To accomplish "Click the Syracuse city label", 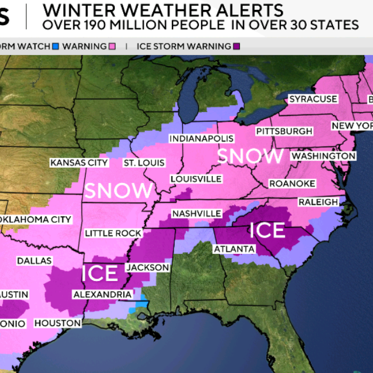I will [313, 99].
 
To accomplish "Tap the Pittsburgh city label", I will [284, 131].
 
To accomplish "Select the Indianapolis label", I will [201, 139].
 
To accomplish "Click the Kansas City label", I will [79, 162].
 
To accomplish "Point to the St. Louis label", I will [144, 162].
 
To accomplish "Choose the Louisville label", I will [196, 179].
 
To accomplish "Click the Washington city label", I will [323, 156].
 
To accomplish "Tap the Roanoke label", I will [292, 184].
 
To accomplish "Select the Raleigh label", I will [318, 202].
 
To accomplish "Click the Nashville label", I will [196, 213].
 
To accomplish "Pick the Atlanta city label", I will [234, 249].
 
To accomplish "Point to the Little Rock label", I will [113, 233].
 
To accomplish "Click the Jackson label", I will [148, 267].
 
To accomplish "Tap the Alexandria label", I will [102, 294].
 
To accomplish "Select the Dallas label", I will [35, 260].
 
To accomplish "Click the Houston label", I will [57, 323].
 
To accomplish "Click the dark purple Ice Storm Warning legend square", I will [237, 46].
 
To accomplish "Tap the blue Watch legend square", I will [56, 46].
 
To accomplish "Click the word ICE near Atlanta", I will [267, 230].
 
